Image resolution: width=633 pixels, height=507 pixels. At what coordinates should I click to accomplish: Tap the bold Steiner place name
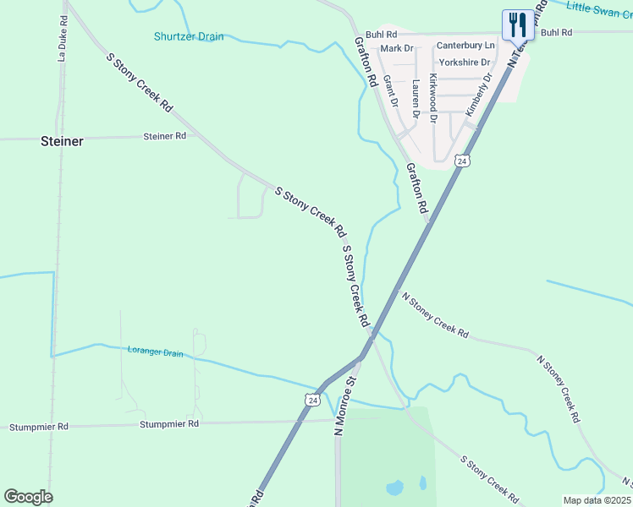pyautogui.click(x=62, y=141)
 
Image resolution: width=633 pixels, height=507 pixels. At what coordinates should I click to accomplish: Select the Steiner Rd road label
pyautogui.click(x=164, y=136)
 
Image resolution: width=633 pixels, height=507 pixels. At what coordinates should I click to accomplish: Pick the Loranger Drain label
pyautogui.click(x=155, y=351)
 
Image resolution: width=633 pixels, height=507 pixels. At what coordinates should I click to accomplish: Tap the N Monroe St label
pyautogui.click(x=346, y=407)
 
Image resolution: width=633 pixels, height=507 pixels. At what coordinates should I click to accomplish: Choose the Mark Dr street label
pyautogui.click(x=396, y=48)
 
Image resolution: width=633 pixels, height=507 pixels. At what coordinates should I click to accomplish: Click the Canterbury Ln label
pyautogui.click(x=465, y=45)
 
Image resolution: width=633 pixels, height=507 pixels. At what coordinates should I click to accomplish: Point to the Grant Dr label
pyautogui.click(x=391, y=91)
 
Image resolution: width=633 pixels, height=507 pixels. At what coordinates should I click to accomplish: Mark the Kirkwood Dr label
pyautogui.click(x=433, y=98)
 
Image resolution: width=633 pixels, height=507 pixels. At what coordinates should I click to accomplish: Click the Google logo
pyautogui.click(x=28, y=497)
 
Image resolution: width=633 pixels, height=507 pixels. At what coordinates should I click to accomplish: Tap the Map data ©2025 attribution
pyautogui.click(x=597, y=500)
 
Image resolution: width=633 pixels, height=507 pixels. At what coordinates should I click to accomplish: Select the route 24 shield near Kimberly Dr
pyautogui.click(x=461, y=160)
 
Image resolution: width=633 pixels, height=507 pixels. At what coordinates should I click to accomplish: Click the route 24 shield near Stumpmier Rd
pyautogui.click(x=313, y=400)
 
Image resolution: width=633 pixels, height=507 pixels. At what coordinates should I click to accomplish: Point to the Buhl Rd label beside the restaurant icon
pyautogui.click(x=556, y=32)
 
